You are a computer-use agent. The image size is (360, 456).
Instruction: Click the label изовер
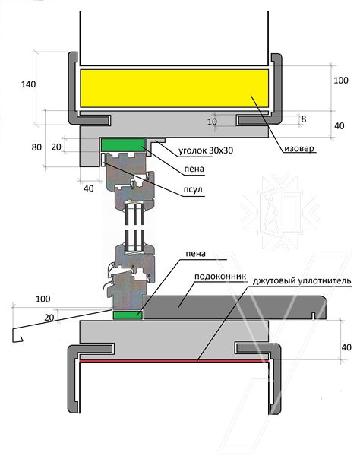(299, 149)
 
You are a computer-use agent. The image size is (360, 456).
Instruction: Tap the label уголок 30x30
(206, 150)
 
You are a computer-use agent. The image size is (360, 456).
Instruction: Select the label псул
(193, 189)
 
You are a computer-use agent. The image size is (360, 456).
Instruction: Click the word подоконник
(220, 277)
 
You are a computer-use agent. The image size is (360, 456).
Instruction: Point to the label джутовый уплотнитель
(302, 281)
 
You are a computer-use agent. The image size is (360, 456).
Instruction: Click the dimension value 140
(28, 84)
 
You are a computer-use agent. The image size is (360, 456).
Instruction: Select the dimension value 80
(36, 147)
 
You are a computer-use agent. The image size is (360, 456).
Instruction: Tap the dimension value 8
(304, 119)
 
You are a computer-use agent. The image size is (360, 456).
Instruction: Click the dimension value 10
(212, 122)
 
